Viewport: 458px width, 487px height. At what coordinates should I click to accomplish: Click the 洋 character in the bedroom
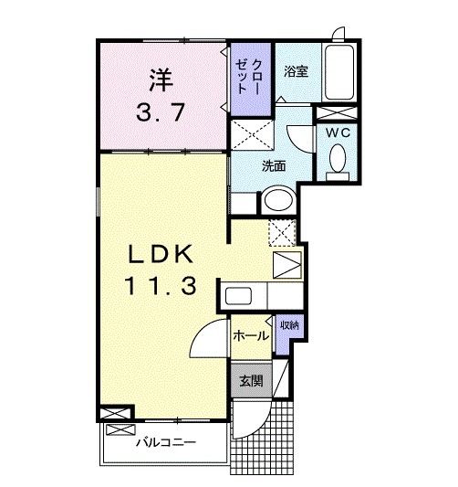pyautogui.click(x=161, y=80)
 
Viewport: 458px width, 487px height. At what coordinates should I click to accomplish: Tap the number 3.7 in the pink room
pyautogui.click(x=161, y=112)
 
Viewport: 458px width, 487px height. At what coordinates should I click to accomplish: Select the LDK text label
pyautogui.click(x=161, y=254)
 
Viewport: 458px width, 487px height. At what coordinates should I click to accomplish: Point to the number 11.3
pyautogui.click(x=161, y=286)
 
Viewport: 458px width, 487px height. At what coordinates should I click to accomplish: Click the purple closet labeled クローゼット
pyautogui.click(x=251, y=79)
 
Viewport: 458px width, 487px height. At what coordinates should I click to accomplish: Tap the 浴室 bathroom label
pyautogui.click(x=297, y=71)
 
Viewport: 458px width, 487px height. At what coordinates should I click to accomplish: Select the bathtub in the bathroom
pyautogui.click(x=338, y=72)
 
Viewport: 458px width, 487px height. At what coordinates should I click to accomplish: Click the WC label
pyautogui.click(x=338, y=132)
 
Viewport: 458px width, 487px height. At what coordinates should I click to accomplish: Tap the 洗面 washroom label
pyautogui.click(x=274, y=166)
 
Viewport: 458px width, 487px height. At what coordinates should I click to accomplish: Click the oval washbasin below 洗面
pyautogui.click(x=279, y=200)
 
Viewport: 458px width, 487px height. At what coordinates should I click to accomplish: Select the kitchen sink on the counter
pyautogui.click(x=238, y=296)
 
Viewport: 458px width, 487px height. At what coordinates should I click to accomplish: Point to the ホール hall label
pyautogui.click(x=251, y=336)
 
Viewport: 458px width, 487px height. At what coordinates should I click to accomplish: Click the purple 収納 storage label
pyautogui.click(x=289, y=325)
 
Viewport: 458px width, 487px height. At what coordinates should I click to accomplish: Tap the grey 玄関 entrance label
pyautogui.click(x=251, y=380)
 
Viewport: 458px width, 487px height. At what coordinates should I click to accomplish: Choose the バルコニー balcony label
pyautogui.click(x=166, y=442)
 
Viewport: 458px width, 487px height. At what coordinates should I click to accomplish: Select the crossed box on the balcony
pyautogui.click(x=121, y=429)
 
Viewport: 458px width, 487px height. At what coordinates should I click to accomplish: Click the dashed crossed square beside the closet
pyautogui.click(x=253, y=135)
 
